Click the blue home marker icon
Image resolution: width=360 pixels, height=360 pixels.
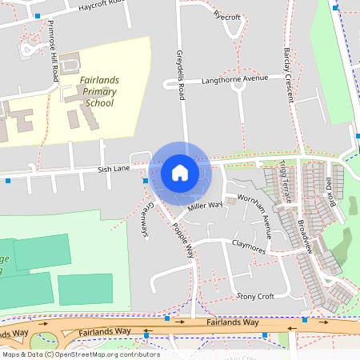click(x=180, y=172)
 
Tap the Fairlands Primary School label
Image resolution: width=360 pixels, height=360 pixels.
click(x=98, y=91)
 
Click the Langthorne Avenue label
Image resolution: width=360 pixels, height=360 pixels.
click(x=234, y=79)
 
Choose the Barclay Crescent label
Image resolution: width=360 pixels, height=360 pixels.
click(x=288, y=72)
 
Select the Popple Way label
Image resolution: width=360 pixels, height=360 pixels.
click(x=182, y=238)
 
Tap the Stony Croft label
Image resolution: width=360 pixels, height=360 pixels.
click(x=255, y=296)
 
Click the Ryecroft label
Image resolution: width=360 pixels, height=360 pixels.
click(x=227, y=15)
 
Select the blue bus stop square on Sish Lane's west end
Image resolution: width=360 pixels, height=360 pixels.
click(x=8, y=181)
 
